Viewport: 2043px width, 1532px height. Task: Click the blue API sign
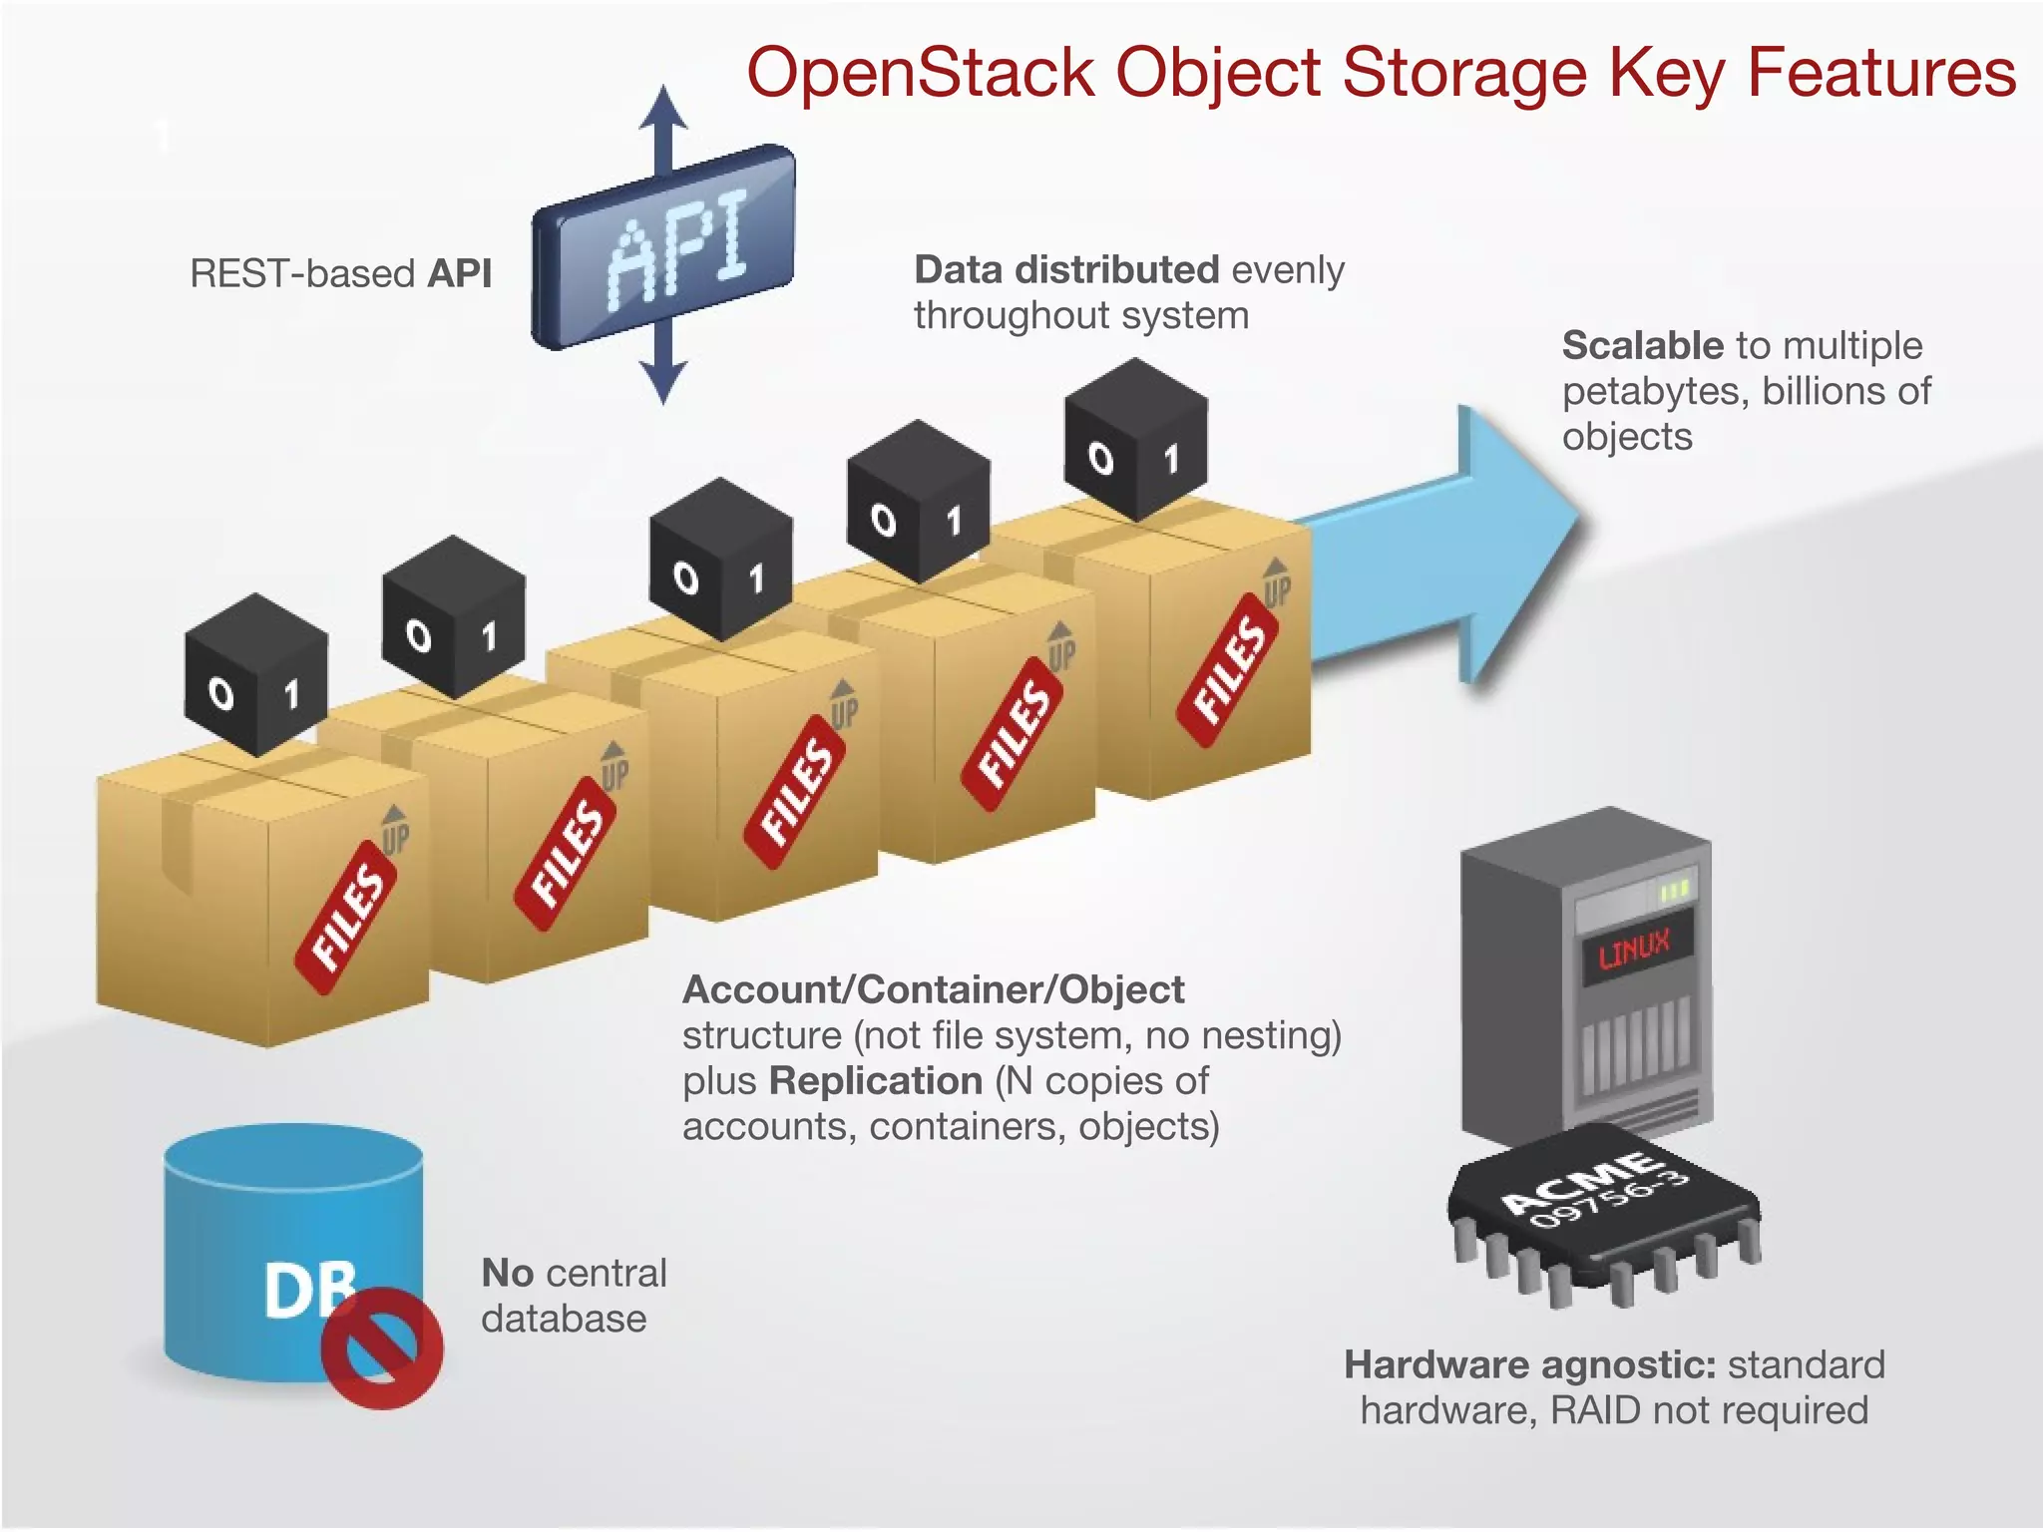click(x=664, y=247)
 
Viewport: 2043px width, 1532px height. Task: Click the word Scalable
click(x=1642, y=345)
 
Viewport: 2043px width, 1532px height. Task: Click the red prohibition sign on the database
click(x=382, y=1347)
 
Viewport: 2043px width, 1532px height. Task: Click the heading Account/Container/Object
click(x=933, y=989)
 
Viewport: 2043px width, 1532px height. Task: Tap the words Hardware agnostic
click(x=1529, y=1364)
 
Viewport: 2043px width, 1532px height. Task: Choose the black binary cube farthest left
click(x=256, y=675)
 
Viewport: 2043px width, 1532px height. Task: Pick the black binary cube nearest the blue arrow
click(x=1136, y=440)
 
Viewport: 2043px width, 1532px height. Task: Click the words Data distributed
click(x=1066, y=269)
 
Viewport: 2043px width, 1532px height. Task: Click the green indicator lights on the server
click(x=1675, y=889)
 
